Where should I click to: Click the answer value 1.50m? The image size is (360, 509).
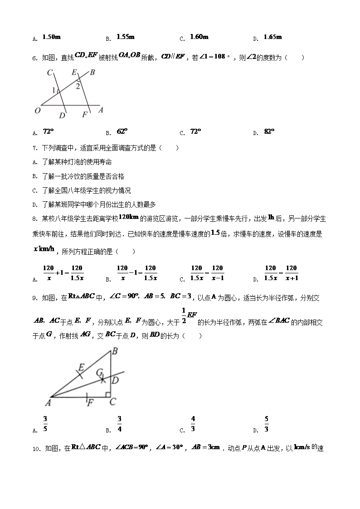[50, 37]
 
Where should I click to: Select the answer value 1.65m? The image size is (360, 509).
[272, 37]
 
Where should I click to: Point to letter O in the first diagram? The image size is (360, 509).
[37, 110]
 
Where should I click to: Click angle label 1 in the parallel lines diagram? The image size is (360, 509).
[54, 91]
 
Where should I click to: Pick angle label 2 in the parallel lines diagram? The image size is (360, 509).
[78, 86]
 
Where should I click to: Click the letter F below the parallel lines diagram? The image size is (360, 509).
[84, 115]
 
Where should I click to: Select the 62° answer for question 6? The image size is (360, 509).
[122, 131]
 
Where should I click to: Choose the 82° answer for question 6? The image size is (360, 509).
[269, 131]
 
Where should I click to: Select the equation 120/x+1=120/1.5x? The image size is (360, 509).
[63, 273]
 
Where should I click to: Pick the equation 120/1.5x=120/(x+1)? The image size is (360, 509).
[281, 273]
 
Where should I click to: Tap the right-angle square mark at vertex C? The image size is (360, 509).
[108, 395]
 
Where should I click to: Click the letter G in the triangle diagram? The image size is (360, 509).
[99, 373]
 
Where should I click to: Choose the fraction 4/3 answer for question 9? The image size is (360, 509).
[193, 424]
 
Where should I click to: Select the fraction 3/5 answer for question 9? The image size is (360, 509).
[45, 424]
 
